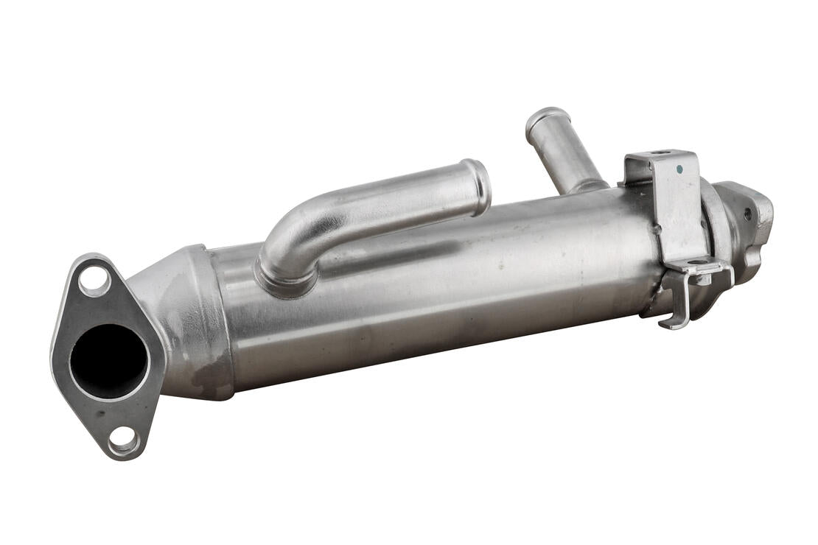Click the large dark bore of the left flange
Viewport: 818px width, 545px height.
108,361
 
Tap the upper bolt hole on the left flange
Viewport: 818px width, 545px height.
94,281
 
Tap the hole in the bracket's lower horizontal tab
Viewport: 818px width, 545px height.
697,262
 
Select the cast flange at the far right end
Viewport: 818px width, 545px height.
748,221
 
